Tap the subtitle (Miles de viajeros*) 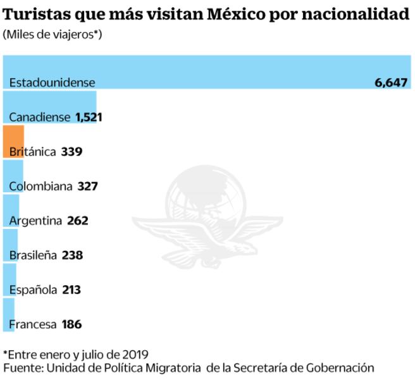coord(53,34)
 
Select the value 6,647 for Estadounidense coord(391,83)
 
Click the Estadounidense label coord(52,83)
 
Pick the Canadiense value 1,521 coord(89,117)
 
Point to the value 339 coord(72,152)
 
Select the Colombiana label coord(41,187)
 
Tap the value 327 coord(88,187)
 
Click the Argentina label coord(35,221)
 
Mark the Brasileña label coord(34,255)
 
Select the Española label coord(33,290)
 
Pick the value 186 coord(72,324)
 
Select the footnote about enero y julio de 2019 coord(79,354)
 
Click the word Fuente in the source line coord(20,367)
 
